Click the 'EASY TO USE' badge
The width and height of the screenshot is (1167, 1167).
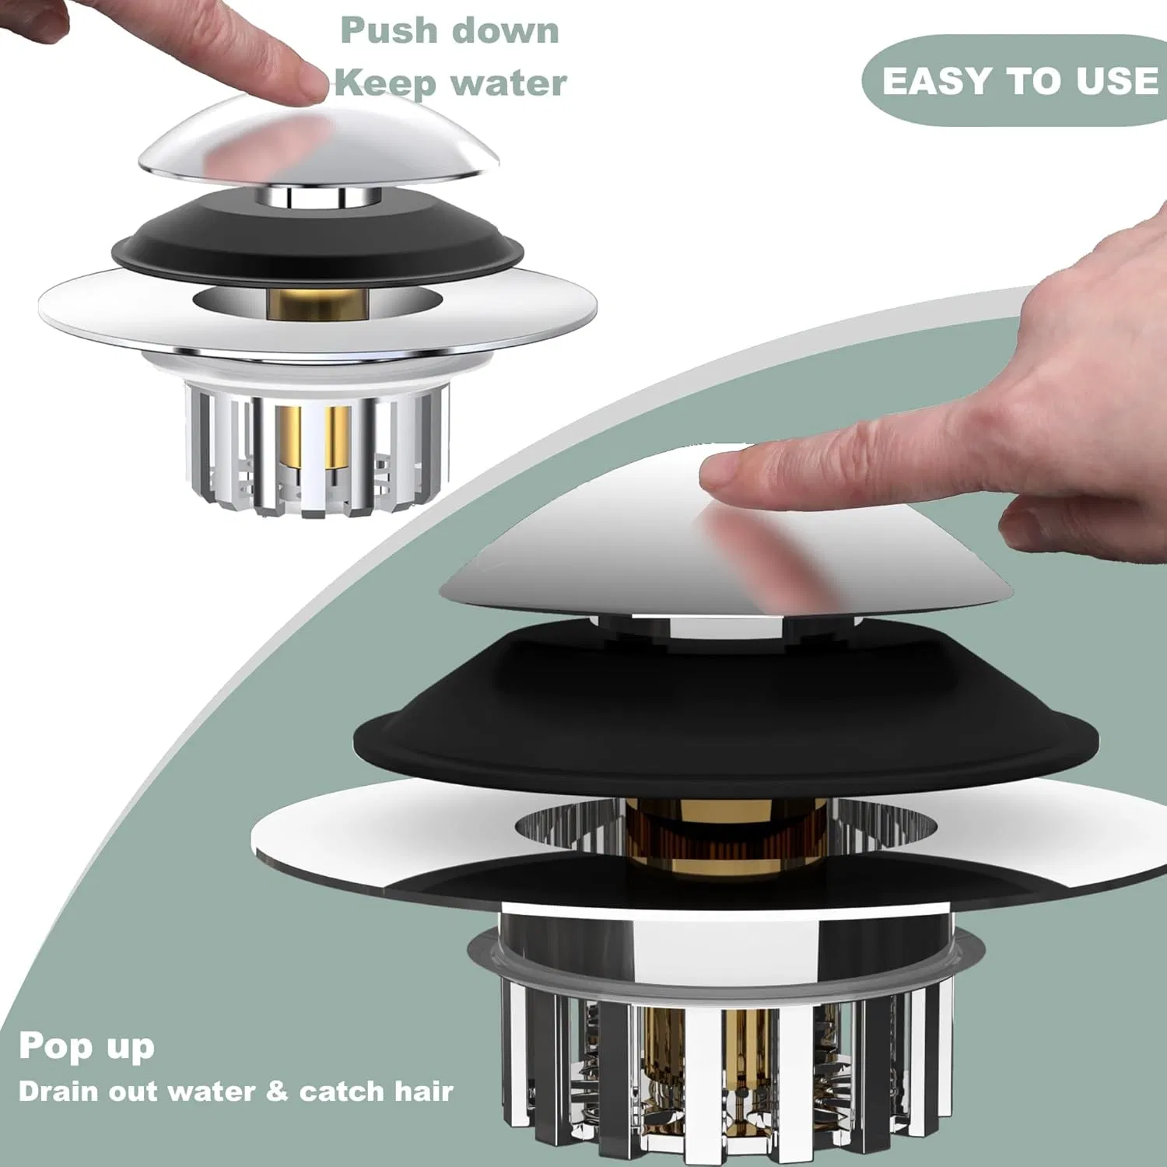[1019, 80]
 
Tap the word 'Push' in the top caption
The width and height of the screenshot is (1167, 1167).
[389, 31]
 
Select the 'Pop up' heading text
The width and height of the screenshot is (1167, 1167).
[86, 1047]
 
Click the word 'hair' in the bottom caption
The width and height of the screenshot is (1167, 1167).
[423, 1091]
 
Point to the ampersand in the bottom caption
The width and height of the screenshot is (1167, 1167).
[276, 1091]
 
